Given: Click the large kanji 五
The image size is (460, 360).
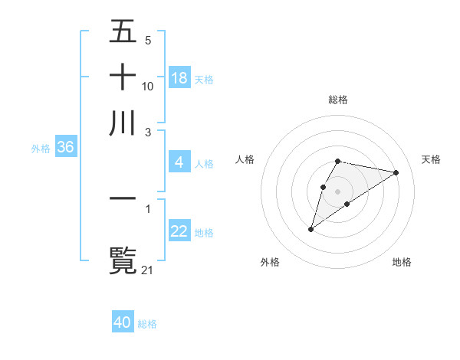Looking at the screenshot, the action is (123, 33).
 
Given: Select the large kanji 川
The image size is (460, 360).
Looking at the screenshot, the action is (123, 123).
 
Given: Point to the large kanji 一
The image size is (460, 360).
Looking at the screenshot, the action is (123, 198).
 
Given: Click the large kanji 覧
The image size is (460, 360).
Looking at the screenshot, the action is (123, 259).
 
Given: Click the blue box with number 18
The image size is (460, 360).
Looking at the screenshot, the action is (179, 77).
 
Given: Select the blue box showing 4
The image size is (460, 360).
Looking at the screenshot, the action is (179, 162).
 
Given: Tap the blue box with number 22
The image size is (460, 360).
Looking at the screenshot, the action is (179, 231).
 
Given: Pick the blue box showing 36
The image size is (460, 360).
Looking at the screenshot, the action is (65, 147).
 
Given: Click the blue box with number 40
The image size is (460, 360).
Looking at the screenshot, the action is (123, 322).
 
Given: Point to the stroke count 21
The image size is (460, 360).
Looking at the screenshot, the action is (148, 270).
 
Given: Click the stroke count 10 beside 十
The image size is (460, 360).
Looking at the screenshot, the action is (148, 86).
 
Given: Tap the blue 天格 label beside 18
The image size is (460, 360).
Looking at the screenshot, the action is (204, 79).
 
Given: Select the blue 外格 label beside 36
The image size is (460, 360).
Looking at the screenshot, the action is (41, 149).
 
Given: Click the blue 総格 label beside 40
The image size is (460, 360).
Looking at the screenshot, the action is (147, 324).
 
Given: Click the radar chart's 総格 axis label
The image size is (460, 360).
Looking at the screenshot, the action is (338, 100).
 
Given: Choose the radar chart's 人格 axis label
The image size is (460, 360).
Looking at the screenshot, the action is (245, 159).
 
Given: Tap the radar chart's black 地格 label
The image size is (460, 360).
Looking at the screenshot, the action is (402, 262).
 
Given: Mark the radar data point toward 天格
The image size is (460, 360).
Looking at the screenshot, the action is (396, 172).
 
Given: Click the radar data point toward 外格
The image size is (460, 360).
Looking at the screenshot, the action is (310, 229).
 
